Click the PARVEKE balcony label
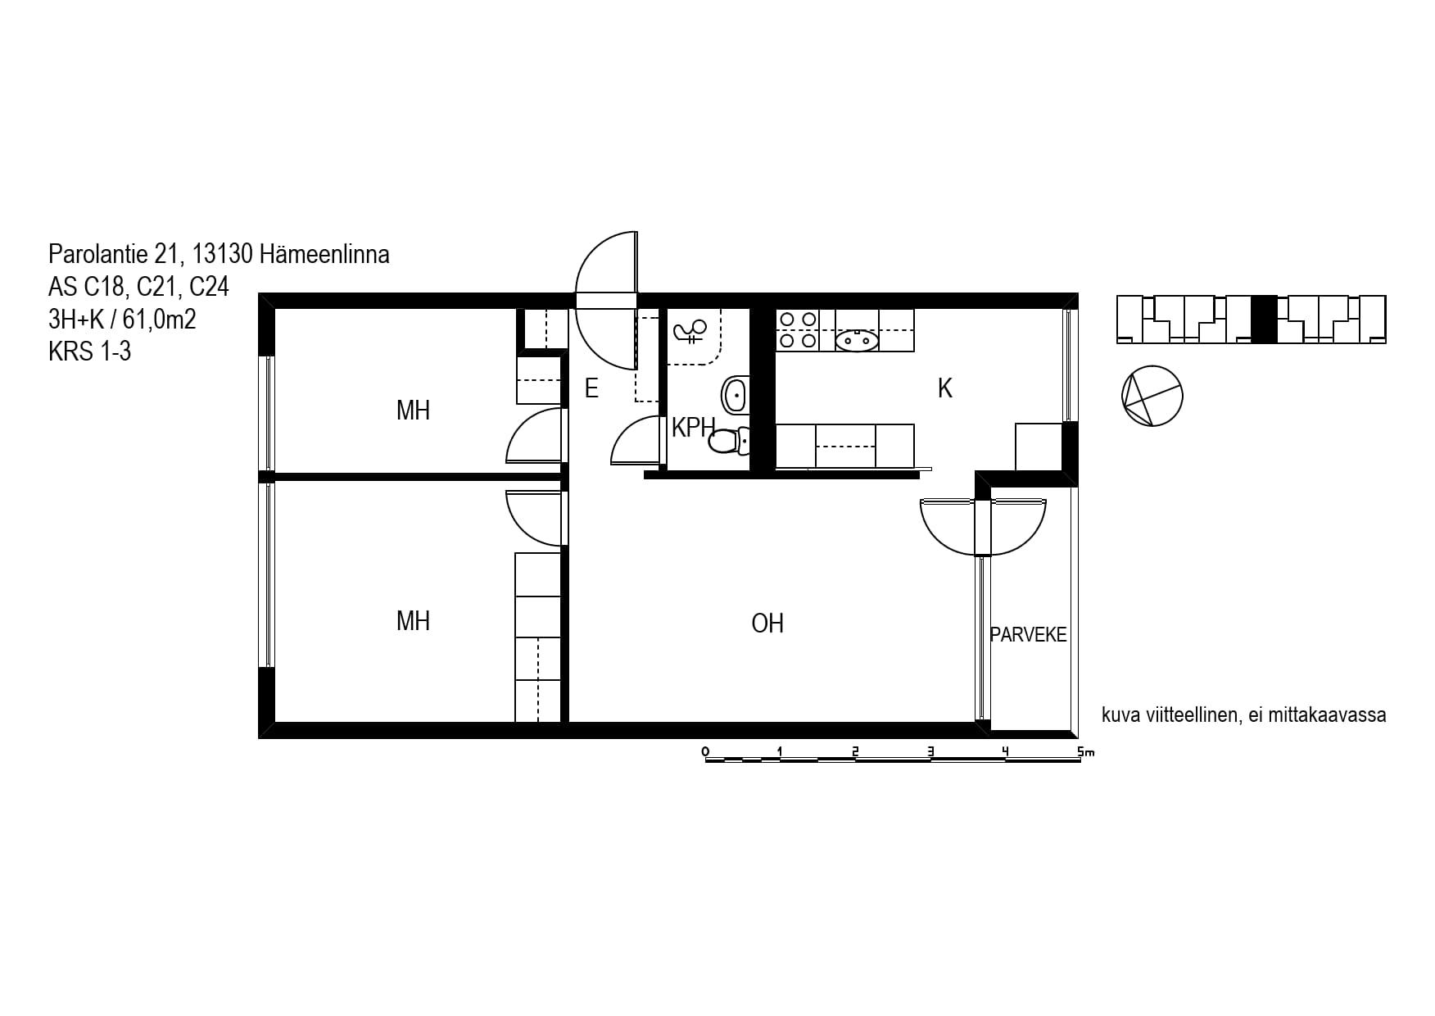point(1028,635)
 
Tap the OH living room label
point(767,624)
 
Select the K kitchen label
point(945,388)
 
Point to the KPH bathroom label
point(693,427)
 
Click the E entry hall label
point(591,388)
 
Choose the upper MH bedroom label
point(413,410)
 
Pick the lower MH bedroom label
point(413,621)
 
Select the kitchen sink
point(857,338)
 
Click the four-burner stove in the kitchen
point(797,329)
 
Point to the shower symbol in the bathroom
point(690,332)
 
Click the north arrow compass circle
point(1152,396)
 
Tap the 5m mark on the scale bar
point(1085,751)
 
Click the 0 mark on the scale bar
point(705,751)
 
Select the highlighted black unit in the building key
point(1264,319)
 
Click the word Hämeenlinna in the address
point(324,255)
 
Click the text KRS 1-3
point(89,352)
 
